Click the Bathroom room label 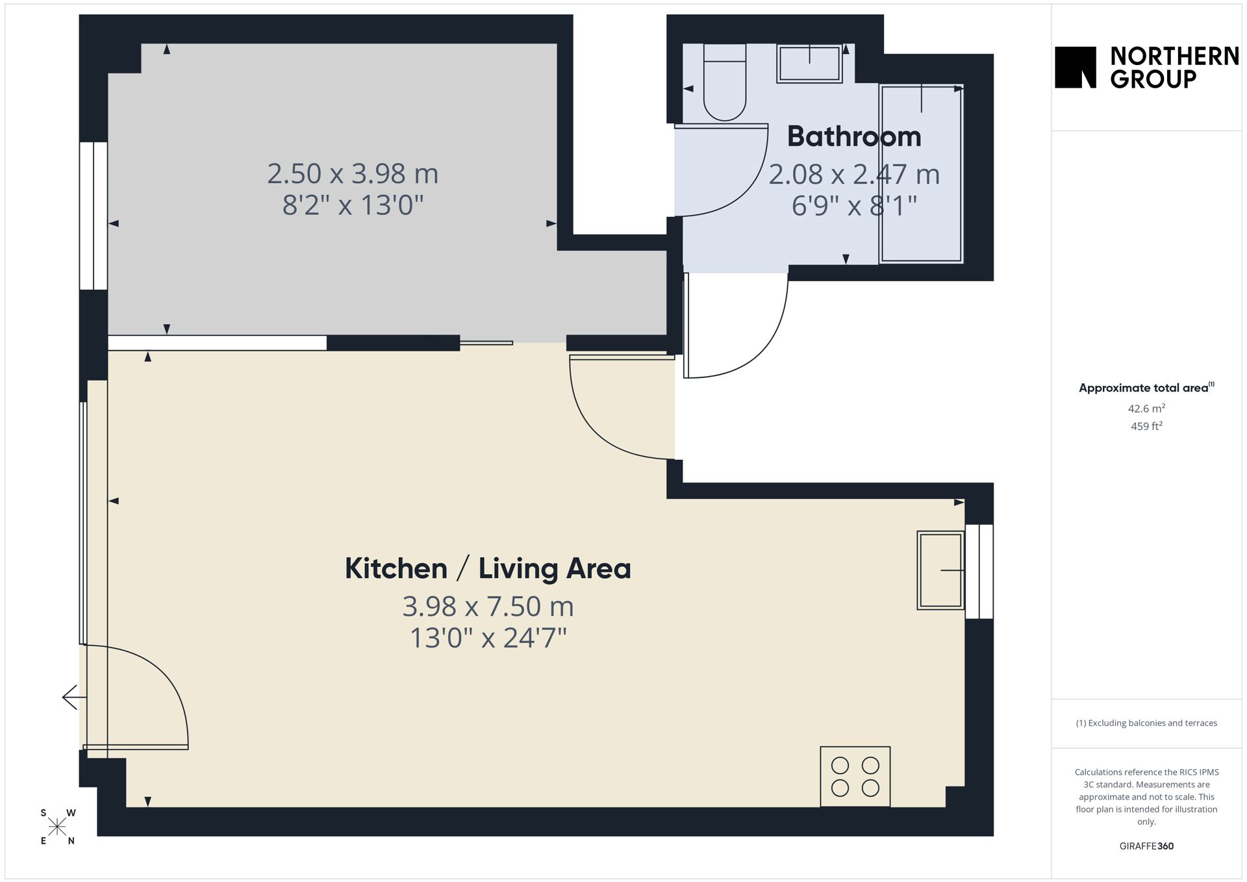click(854, 136)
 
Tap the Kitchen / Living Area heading click(488, 568)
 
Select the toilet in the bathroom click(725, 82)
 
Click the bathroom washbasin click(809, 64)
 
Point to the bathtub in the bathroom click(921, 173)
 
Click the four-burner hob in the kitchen click(855, 777)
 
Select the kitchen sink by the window click(940, 570)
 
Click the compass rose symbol click(57, 827)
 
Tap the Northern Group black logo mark click(1076, 67)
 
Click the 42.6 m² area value click(1146, 409)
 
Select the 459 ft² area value click(1146, 426)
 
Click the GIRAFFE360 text click(1146, 846)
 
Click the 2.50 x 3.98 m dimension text click(353, 173)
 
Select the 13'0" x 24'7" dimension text click(488, 638)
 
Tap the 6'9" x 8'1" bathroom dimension click(854, 206)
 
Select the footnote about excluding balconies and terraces click(1146, 723)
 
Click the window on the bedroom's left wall click(94, 216)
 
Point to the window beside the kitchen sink click(979, 572)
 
